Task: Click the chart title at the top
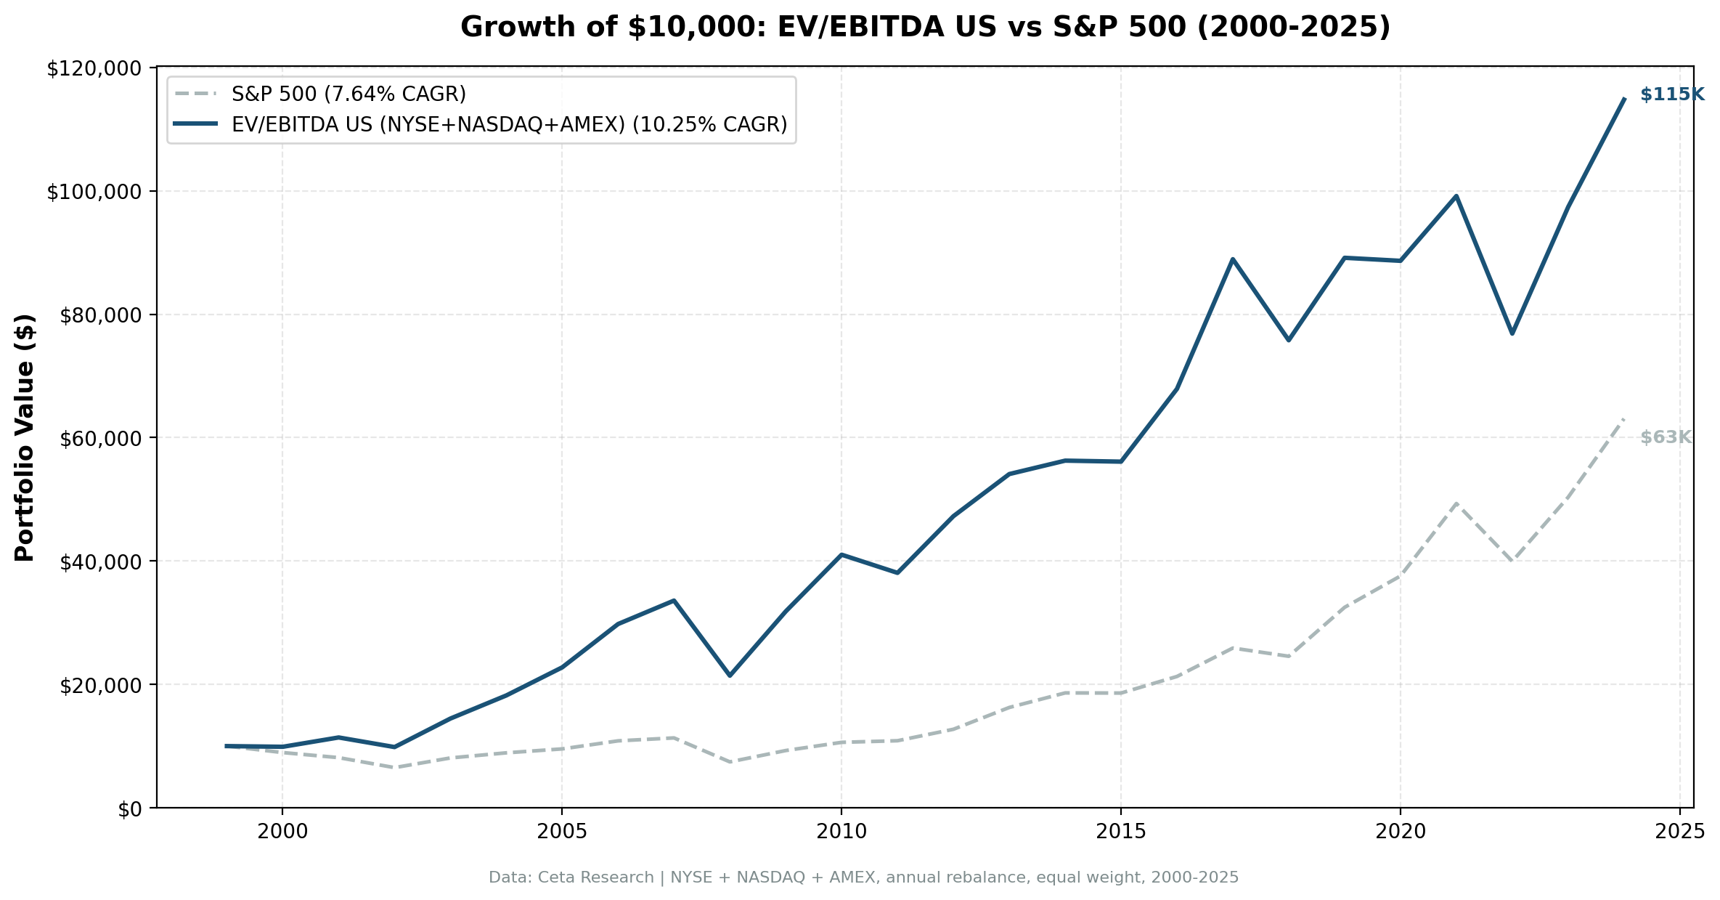pyautogui.click(x=925, y=28)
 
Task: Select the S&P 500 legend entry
pyautogui.click(x=349, y=94)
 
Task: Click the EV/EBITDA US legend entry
pyautogui.click(x=509, y=125)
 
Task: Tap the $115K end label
pyautogui.click(x=1671, y=95)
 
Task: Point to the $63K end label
pyautogui.click(x=1666, y=438)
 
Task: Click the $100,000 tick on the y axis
pyautogui.click(x=93, y=192)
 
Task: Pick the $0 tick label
pyautogui.click(x=131, y=809)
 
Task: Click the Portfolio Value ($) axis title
pyautogui.click(x=25, y=437)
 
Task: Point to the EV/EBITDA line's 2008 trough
pyautogui.click(x=730, y=676)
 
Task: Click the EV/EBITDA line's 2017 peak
pyautogui.click(x=1233, y=259)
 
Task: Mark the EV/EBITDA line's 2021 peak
pyautogui.click(x=1456, y=196)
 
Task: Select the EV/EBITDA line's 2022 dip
pyautogui.click(x=1512, y=333)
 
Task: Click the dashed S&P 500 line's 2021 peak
pyautogui.click(x=1456, y=503)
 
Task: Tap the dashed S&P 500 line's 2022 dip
pyautogui.click(x=1512, y=561)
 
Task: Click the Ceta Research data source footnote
pyautogui.click(x=863, y=877)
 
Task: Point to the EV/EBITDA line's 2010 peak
pyautogui.click(x=841, y=555)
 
